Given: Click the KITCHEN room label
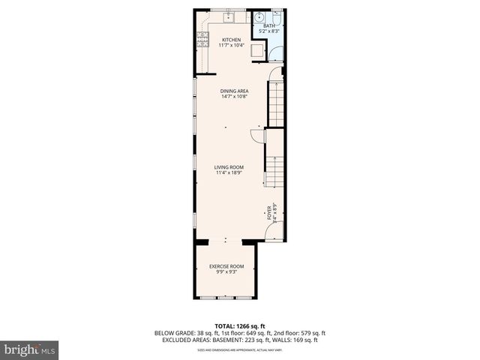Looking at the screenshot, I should pyautogui.click(x=231, y=40).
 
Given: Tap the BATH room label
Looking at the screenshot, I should pyautogui.click(x=268, y=26).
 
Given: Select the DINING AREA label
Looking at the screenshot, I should pyautogui.click(x=234, y=91).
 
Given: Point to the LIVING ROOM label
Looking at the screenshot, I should pyautogui.click(x=226, y=168).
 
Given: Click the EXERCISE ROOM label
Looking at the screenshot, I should pyautogui.click(x=226, y=266).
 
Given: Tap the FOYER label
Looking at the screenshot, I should pyautogui.click(x=268, y=211).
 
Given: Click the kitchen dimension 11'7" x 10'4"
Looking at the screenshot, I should pyautogui.click(x=231, y=46).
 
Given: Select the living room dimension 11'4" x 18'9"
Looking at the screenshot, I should pyautogui.click(x=226, y=174).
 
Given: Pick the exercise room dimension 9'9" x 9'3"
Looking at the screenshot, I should pyautogui.click(x=226, y=272).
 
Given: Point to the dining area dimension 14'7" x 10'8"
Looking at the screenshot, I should pyautogui.click(x=234, y=97).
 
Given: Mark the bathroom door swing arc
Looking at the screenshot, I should pyautogui.click(x=274, y=52).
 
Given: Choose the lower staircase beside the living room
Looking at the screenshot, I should pyautogui.click(x=274, y=171).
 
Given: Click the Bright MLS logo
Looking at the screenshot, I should pyautogui.click(x=30, y=349).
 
